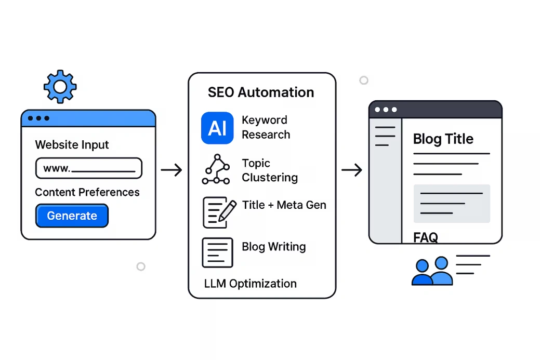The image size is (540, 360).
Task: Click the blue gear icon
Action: click(x=60, y=87)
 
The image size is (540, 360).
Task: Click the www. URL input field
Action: click(x=88, y=168)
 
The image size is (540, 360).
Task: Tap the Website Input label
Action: click(x=72, y=144)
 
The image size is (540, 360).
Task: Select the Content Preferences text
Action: click(x=87, y=192)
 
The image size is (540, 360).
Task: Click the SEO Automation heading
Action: click(x=261, y=92)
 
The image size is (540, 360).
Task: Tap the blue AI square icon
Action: click(x=217, y=128)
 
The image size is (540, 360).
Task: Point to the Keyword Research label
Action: click(x=266, y=127)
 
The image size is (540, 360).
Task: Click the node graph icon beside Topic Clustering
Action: click(x=215, y=169)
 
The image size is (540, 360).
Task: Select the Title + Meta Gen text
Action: click(x=284, y=205)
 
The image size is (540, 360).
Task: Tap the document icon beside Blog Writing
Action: click(x=217, y=252)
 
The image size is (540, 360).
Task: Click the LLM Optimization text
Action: click(x=251, y=284)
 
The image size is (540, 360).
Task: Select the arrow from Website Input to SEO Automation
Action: click(x=171, y=169)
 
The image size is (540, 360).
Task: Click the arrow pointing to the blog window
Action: click(x=352, y=169)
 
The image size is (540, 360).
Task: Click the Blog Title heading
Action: click(x=443, y=139)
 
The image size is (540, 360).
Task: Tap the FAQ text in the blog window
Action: click(x=426, y=237)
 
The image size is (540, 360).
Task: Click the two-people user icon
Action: click(x=432, y=272)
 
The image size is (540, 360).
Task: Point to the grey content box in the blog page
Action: click(x=452, y=203)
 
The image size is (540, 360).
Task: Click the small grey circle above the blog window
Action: click(x=364, y=80)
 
